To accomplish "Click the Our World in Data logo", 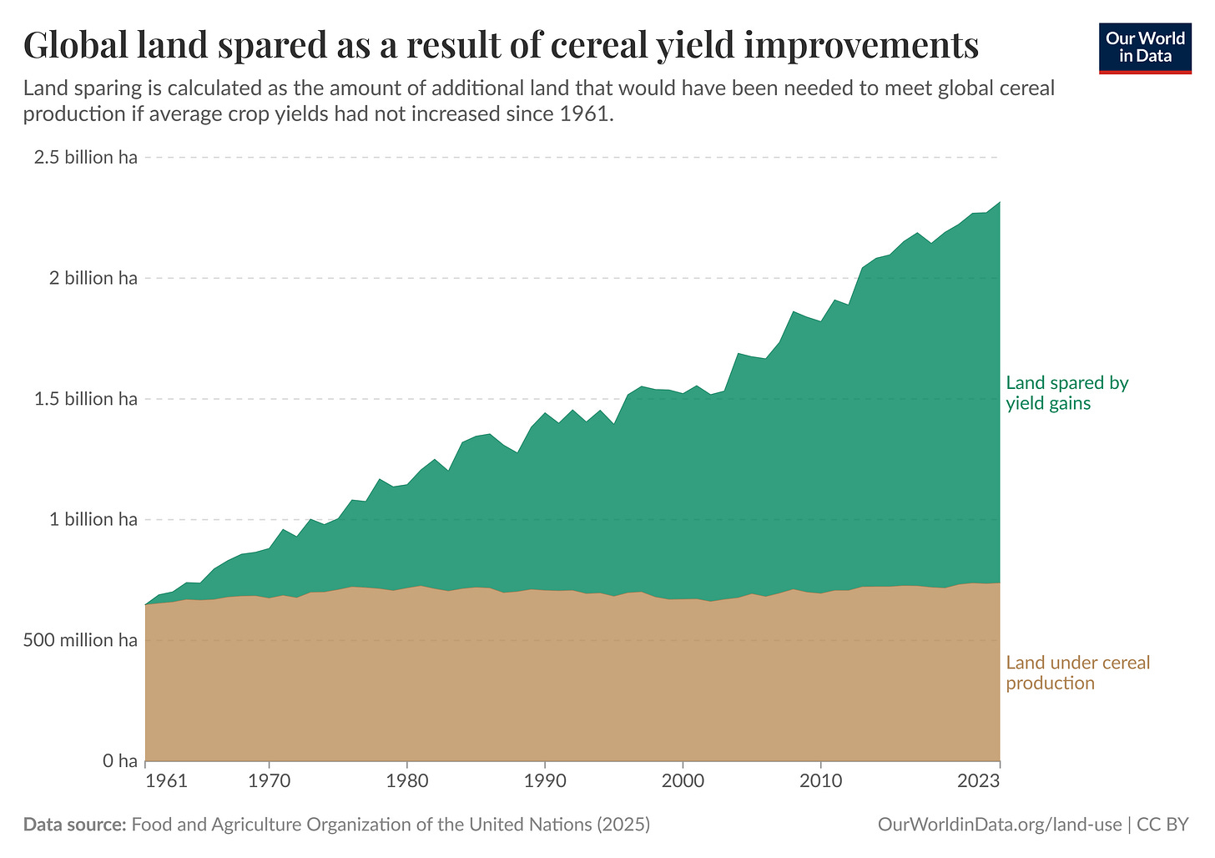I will coord(1145,48).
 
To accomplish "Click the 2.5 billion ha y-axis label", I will coord(85,158).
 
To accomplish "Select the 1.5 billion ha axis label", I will coord(85,399).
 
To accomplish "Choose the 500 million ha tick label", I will coord(80,640).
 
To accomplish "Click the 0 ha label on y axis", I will coord(119,761).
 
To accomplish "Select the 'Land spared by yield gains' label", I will coord(1066,393).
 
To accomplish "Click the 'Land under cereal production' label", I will coord(1077,673).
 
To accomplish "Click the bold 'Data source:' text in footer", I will coord(74,825).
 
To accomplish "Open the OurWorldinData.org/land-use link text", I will coord(1000,825).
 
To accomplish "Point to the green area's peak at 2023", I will coord(999,202).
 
